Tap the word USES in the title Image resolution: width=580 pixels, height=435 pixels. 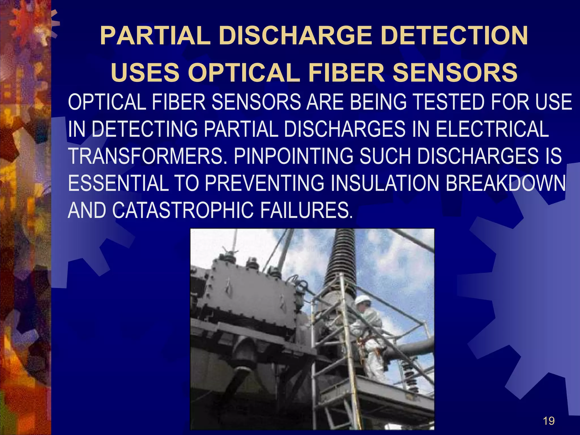145,72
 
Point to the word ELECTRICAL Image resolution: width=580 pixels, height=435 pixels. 492,129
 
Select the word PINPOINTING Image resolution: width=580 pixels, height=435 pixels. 293,156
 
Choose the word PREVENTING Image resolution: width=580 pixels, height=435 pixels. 265,183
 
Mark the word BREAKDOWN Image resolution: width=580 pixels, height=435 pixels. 506,183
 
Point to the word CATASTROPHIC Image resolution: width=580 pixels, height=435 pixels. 183,210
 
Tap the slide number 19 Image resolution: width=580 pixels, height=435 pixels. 549,421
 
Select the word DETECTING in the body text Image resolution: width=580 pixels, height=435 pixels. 145,129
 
